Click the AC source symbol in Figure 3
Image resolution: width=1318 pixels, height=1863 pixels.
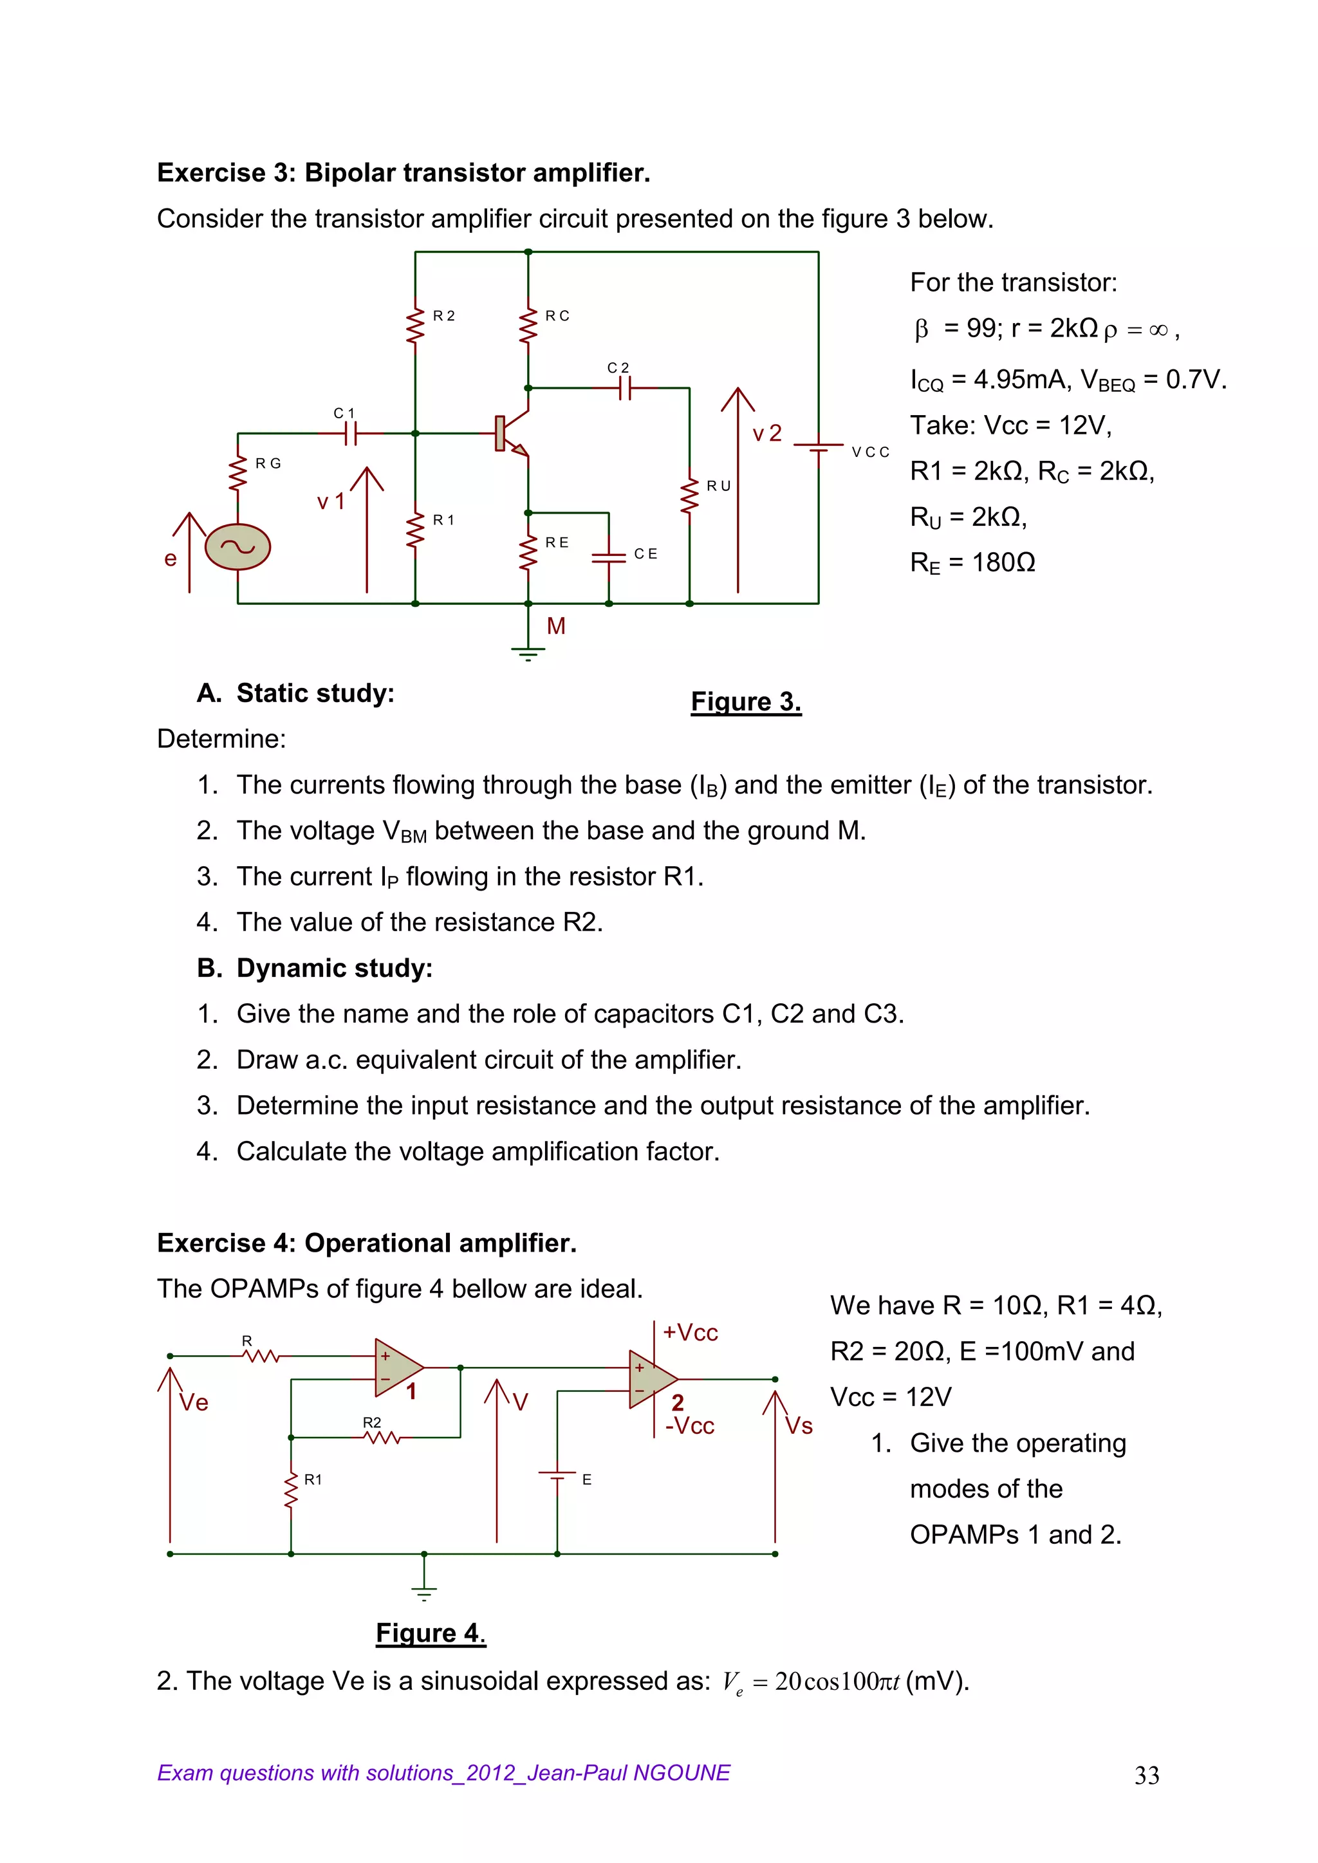[x=237, y=546]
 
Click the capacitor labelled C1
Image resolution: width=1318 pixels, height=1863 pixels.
[x=350, y=434]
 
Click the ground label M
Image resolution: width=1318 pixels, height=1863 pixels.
[x=556, y=626]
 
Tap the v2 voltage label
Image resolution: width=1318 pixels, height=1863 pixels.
[x=767, y=433]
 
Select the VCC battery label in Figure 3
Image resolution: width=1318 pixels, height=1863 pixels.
[x=870, y=452]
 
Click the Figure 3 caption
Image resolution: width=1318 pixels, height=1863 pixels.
[x=746, y=701]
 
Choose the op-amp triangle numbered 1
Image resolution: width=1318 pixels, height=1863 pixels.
[x=397, y=1367]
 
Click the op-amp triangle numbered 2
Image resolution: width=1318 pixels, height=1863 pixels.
[x=652, y=1380]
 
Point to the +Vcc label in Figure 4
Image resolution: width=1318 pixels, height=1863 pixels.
[x=690, y=1332]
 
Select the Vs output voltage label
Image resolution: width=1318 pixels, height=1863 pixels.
[x=799, y=1425]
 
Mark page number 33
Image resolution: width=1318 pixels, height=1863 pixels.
[x=1147, y=1775]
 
